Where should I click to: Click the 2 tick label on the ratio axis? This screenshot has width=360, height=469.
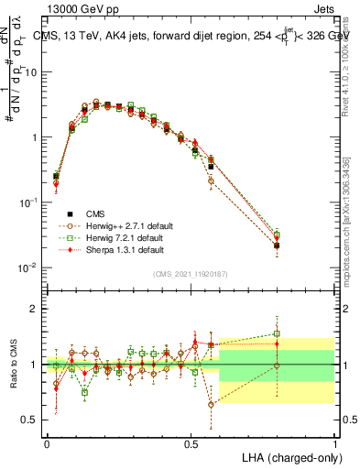click(33, 309)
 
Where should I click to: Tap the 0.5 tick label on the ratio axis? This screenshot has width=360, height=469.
click(29, 420)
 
